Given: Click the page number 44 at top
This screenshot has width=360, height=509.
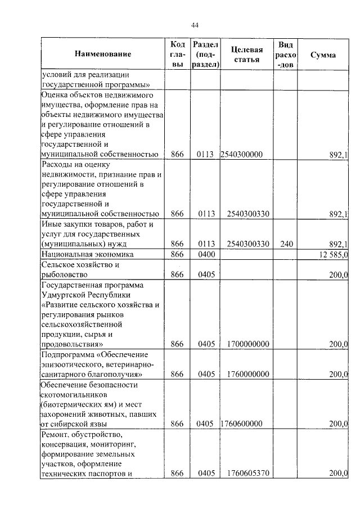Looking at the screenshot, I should click(195, 25).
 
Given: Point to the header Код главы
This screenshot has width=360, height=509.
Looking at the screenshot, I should click(177, 55).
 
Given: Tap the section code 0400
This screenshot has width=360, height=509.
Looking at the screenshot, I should click(206, 255).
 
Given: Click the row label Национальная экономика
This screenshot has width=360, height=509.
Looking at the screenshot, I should click(82, 255).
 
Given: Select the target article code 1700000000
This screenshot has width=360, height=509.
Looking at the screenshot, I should click(247, 344).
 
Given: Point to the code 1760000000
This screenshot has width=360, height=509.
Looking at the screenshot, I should click(247, 373).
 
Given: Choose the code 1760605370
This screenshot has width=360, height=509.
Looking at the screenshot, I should click(247, 474).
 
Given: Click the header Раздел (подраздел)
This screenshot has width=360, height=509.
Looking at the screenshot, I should click(206, 55).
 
